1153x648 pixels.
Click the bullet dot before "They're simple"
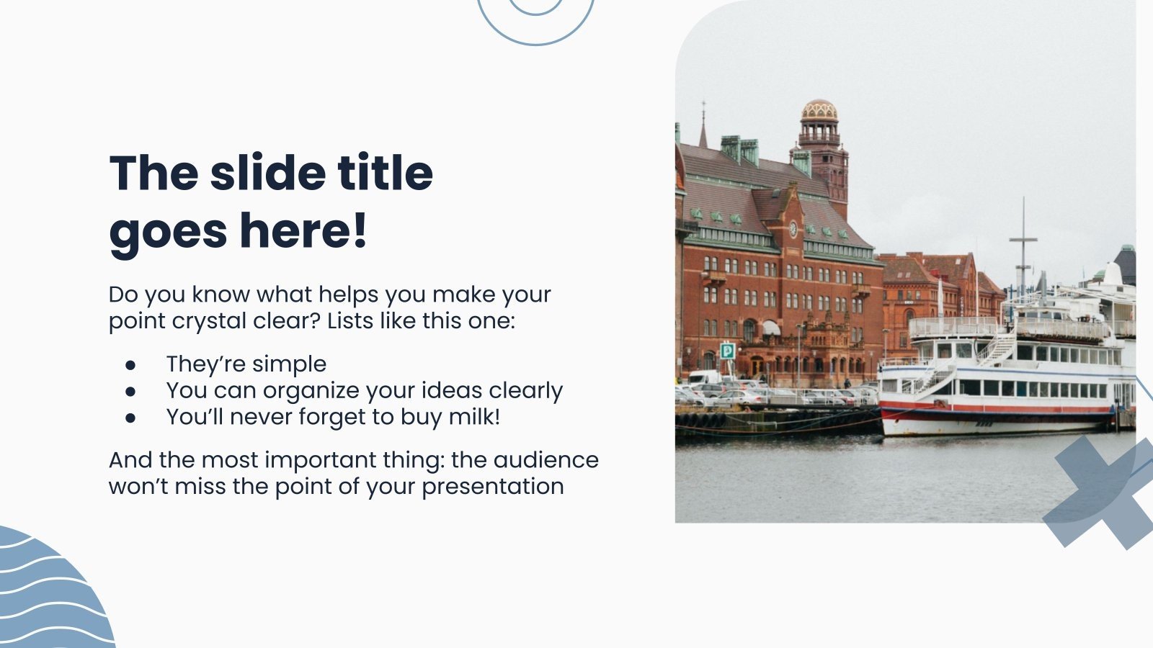(x=130, y=365)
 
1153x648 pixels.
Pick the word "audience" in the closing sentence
(x=546, y=459)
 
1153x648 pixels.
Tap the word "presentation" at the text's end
(x=492, y=486)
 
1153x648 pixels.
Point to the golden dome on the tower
(x=819, y=110)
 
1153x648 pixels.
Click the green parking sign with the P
(x=727, y=351)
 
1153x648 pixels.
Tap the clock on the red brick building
(x=793, y=229)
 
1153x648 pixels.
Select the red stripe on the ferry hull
(x=994, y=408)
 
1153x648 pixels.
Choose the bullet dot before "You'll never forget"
(x=130, y=418)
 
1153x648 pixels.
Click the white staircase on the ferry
(x=997, y=350)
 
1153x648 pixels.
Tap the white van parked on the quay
(x=703, y=377)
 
